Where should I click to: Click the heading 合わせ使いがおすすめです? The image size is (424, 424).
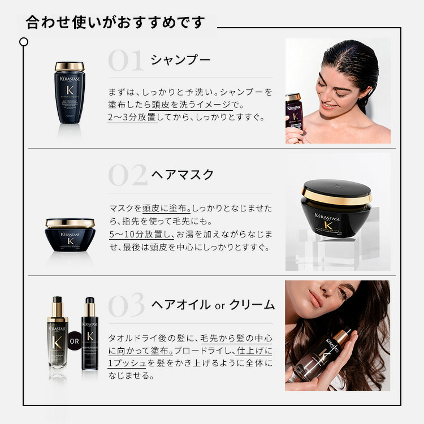[115, 23]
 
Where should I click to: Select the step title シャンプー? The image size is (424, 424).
[180, 60]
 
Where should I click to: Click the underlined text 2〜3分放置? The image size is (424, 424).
[133, 118]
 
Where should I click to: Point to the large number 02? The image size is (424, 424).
[127, 176]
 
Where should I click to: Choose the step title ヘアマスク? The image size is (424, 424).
[183, 175]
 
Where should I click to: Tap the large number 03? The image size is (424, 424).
[127, 306]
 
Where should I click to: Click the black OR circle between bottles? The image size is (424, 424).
[75, 341]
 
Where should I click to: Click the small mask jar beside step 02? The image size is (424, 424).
[70, 233]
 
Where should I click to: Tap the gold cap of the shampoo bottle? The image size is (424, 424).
[70, 67]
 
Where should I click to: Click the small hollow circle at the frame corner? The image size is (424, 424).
[24, 42]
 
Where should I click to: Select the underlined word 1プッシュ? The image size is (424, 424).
[127, 363]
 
